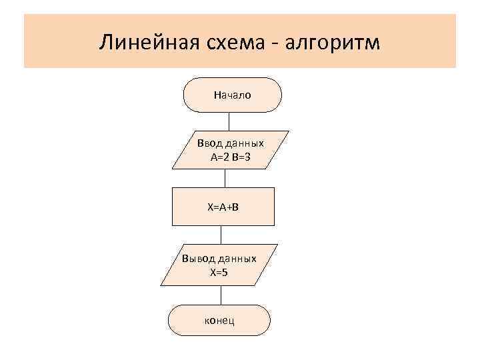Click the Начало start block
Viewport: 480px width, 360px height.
(232, 95)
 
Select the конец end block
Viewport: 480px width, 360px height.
(219, 320)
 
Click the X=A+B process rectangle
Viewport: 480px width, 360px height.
(223, 207)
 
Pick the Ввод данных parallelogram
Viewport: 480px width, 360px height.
(230, 150)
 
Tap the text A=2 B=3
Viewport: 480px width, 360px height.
(230, 157)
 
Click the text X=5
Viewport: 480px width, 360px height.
(219, 273)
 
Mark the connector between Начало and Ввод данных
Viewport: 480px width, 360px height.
(229, 121)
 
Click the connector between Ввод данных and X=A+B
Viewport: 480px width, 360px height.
(225, 178)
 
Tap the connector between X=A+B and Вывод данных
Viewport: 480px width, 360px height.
(221, 236)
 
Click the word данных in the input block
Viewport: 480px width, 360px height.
(243, 143)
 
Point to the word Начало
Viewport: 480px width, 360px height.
(232, 95)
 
